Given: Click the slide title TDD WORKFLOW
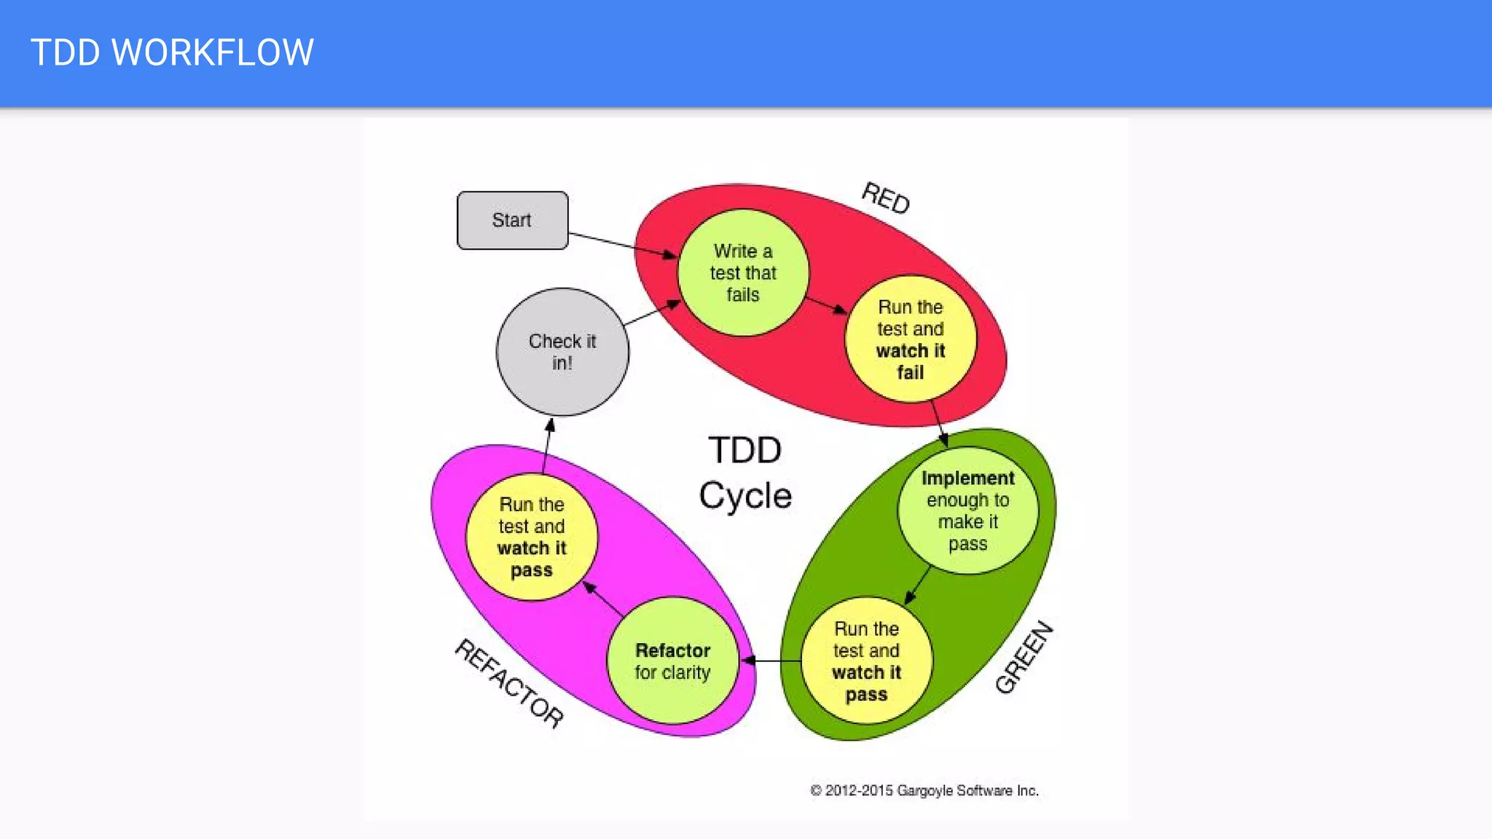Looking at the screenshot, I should [x=172, y=52].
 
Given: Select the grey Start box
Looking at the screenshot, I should [x=512, y=220].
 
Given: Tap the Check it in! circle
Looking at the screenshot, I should [x=562, y=352].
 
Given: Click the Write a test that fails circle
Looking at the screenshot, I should [x=742, y=273].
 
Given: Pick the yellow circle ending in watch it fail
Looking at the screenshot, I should [x=910, y=339].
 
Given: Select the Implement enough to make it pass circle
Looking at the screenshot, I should [x=967, y=511].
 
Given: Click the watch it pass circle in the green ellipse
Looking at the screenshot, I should [x=866, y=661].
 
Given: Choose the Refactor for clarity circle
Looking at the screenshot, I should [x=672, y=661].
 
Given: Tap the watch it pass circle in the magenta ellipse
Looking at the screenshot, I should [x=532, y=537].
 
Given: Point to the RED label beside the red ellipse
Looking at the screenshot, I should [x=886, y=197].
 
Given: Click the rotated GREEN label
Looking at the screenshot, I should [x=1024, y=658].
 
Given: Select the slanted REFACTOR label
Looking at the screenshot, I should [x=509, y=682].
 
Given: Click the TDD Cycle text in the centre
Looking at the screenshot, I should [x=745, y=473].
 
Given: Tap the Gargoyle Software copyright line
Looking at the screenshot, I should [x=924, y=790].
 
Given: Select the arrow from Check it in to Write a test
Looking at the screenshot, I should [x=651, y=313].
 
